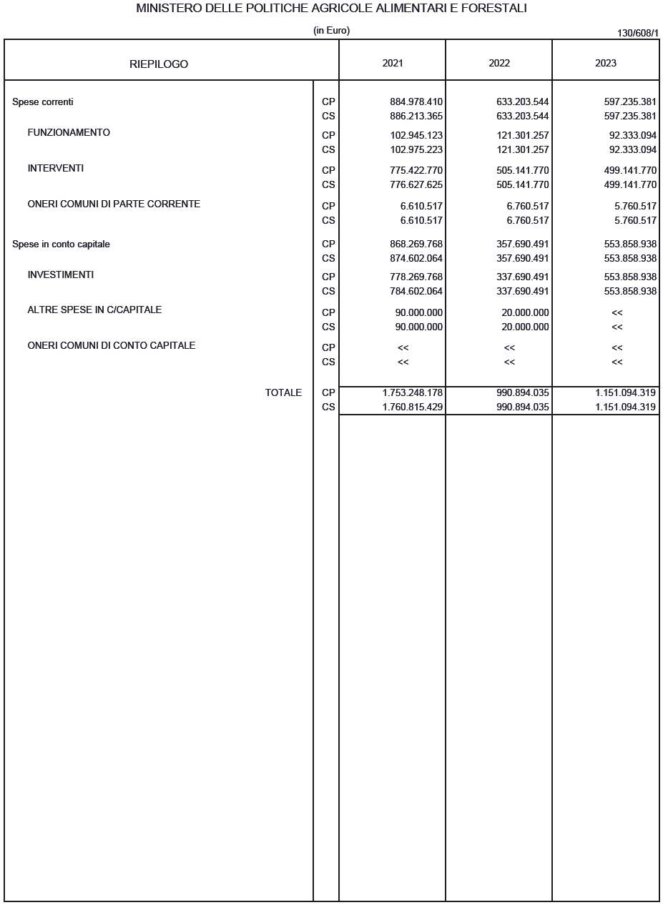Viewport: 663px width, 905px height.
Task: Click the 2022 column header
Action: (x=499, y=63)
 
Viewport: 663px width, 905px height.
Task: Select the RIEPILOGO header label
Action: (x=159, y=64)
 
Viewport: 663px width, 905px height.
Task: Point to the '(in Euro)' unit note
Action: (x=332, y=31)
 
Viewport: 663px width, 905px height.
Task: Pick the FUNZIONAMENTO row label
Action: (x=69, y=133)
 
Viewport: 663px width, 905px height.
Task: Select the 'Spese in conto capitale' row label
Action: (x=61, y=244)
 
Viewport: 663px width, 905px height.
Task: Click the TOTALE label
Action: (x=283, y=393)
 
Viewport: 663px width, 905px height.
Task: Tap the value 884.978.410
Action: (x=416, y=102)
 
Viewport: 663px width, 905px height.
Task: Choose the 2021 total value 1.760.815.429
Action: (x=413, y=407)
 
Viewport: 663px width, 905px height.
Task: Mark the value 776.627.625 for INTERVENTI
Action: (x=416, y=185)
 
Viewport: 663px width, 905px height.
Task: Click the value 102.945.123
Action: (x=416, y=136)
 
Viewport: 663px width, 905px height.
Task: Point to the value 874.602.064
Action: (x=416, y=259)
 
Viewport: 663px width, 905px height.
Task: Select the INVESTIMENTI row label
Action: (x=61, y=275)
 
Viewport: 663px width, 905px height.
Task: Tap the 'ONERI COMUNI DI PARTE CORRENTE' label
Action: (x=114, y=204)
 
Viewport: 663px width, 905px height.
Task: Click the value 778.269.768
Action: (x=416, y=277)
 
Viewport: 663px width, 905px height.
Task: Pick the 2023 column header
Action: (x=606, y=63)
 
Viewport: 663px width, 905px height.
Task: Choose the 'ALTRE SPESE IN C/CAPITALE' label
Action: (x=94, y=310)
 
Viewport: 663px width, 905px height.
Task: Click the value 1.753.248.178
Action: (x=413, y=393)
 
